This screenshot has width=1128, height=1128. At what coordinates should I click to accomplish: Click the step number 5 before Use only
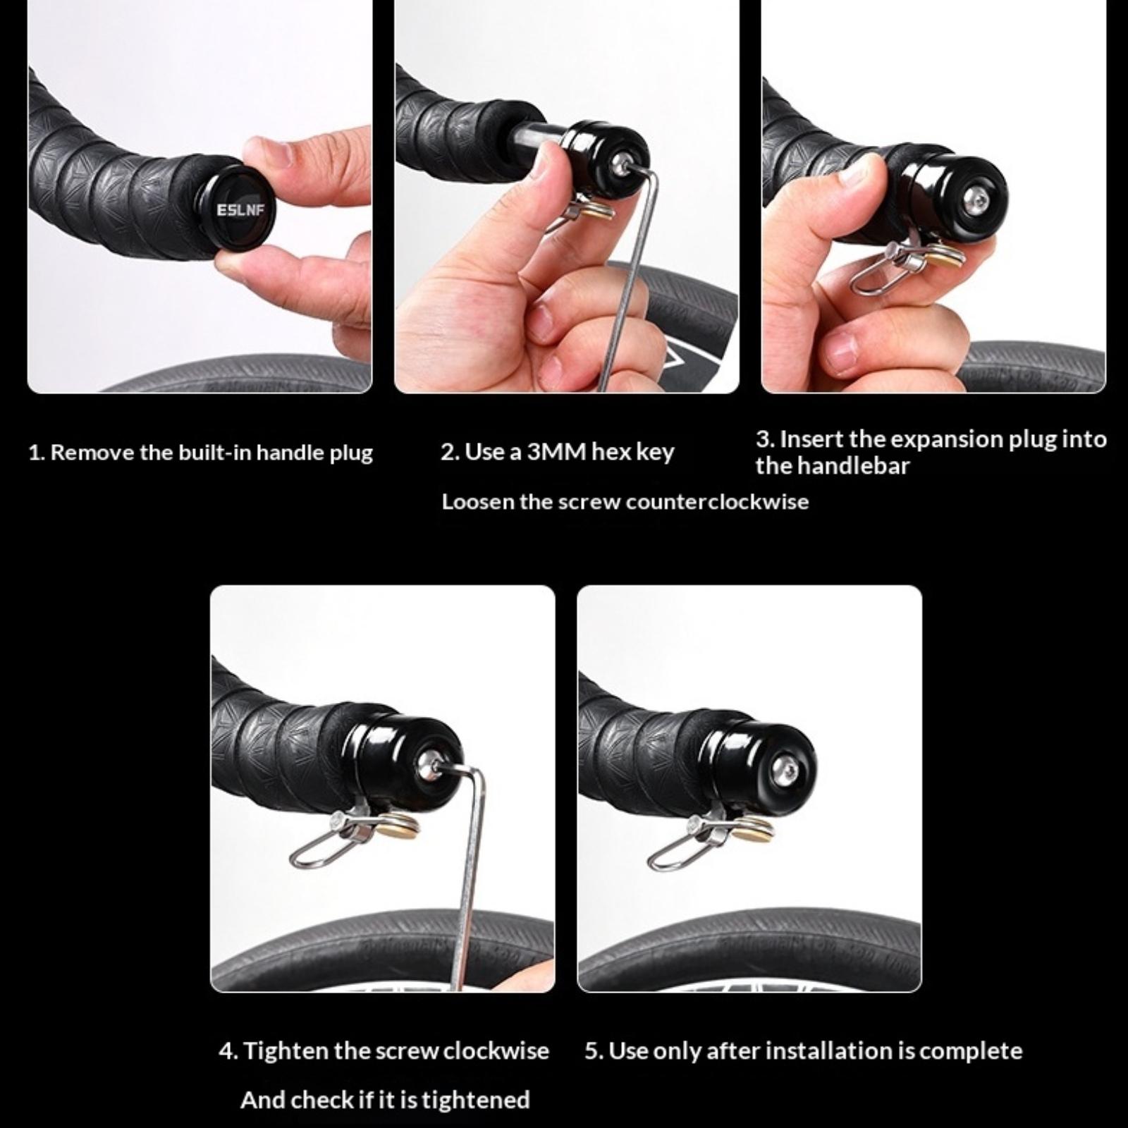(x=592, y=1051)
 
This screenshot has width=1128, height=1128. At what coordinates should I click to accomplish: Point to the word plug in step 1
(x=352, y=453)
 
